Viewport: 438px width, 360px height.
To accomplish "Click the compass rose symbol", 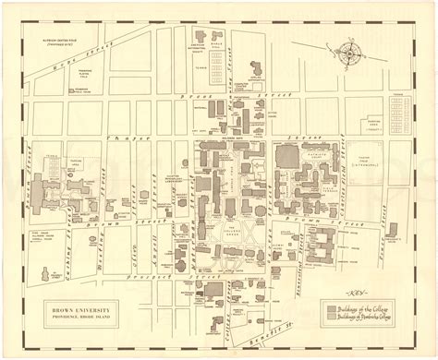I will pos(353,52).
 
